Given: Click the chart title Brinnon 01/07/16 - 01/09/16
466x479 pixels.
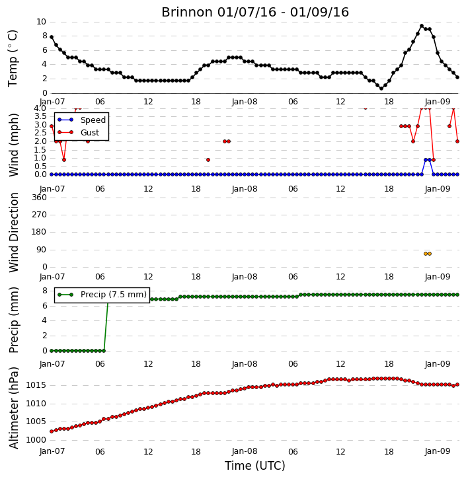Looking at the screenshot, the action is (x=255, y=13).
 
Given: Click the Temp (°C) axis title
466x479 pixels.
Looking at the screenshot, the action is (x=13, y=58).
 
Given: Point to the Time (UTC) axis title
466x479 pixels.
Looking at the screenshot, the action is (x=255, y=466).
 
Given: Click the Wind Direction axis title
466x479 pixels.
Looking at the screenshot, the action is (x=14, y=233).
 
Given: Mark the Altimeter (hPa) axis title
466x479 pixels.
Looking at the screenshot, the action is (x=14, y=408).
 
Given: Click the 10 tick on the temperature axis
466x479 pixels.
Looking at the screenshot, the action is (x=41, y=22).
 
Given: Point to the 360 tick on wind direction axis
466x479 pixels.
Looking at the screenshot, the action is (x=40, y=198).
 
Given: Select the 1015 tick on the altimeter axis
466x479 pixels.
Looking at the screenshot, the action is (x=36, y=385).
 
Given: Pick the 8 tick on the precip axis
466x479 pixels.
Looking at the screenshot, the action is (x=45, y=291).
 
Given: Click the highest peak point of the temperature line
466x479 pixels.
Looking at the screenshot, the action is (x=422, y=26).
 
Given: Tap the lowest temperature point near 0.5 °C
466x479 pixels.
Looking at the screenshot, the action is (x=381, y=89).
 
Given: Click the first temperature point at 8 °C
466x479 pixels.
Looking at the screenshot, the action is (x=52, y=37).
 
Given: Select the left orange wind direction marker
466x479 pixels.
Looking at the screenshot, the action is (x=426, y=254).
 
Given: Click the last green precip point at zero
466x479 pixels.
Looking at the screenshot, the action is (x=104, y=351).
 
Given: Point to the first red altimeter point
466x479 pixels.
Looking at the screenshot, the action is (x=52, y=431).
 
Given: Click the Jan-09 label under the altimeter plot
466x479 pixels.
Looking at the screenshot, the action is (x=438, y=451).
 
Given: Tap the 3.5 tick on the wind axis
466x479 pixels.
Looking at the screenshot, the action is (x=40, y=116).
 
